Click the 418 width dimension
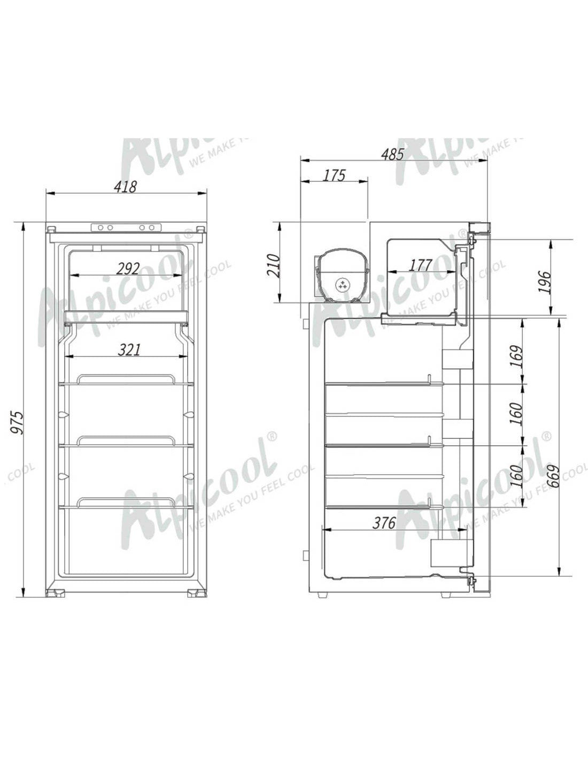coord(126,186)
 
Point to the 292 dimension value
coord(128,268)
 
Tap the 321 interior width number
coord(129,349)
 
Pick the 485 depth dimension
coord(392,154)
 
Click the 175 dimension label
coord(335,175)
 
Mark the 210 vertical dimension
coord(273,264)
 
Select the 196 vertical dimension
coord(544,282)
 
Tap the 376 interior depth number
coord(384,522)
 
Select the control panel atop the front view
coord(126,227)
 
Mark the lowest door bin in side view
coord(451,552)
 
